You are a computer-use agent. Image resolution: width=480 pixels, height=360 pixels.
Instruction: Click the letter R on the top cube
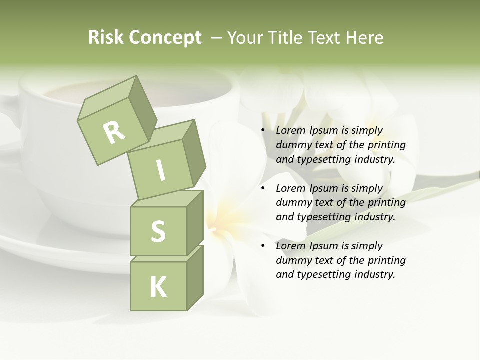click(114, 133)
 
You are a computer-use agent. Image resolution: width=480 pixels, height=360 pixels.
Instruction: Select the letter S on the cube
click(158, 231)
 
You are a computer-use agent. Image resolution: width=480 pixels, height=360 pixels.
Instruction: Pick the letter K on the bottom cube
click(158, 287)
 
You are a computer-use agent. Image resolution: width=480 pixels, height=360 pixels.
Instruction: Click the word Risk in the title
click(106, 38)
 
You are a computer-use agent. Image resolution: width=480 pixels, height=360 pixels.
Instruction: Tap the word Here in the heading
click(364, 38)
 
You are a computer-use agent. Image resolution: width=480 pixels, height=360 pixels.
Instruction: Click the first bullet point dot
click(263, 131)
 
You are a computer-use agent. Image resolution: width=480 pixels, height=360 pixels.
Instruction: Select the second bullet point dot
click(263, 189)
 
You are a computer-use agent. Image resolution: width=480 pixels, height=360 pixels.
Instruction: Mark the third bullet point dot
click(263, 246)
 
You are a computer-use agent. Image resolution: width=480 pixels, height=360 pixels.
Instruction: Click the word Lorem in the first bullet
click(289, 131)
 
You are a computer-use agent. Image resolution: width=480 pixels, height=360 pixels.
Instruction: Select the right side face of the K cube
click(195, 279)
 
